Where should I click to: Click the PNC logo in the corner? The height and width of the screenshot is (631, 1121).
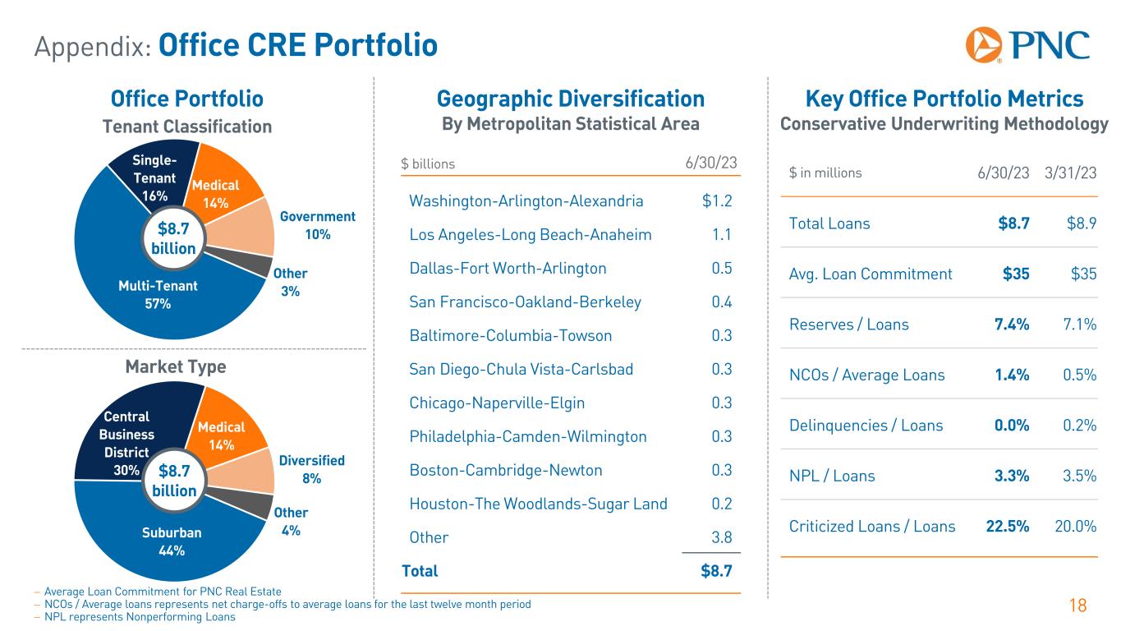pos(1027,44)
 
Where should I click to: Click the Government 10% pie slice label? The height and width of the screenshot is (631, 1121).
pos(317,225)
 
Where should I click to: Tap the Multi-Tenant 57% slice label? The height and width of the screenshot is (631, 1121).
pos(158,295)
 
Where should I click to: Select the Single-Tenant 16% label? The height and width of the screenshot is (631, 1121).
pos(154,177)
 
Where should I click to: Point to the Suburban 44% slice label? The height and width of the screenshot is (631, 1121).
pos(171,541)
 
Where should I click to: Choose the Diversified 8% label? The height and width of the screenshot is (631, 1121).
pos(311,468)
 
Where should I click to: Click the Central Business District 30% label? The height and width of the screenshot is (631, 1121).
pos(126,444)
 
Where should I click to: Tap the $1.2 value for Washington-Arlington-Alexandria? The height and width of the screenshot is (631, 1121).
pos(717,201)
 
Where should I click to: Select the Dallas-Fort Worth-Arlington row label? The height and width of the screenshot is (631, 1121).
pos(508,269)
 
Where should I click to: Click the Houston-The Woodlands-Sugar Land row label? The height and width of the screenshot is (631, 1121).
pos(538,504)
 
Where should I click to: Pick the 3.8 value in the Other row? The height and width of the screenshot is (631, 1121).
pos(722,537)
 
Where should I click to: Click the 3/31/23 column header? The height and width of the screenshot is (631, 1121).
pos(1069,173)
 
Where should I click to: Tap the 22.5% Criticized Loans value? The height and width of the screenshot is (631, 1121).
pos(1007,526)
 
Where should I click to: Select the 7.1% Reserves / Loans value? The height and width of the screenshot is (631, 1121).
pos(1076,324)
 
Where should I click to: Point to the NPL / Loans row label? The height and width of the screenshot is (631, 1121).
pos(832,476)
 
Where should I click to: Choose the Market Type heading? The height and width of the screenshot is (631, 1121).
pos(175,366)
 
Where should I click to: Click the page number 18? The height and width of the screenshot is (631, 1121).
pos(1077,606)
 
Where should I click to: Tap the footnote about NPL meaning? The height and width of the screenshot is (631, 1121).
pos(140,618)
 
